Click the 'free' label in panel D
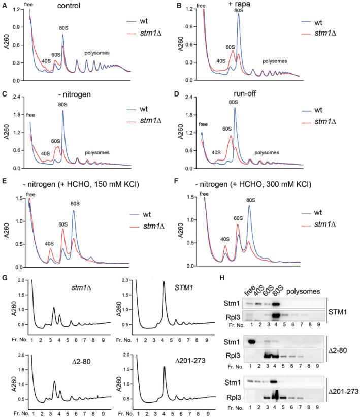(203, 124)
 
